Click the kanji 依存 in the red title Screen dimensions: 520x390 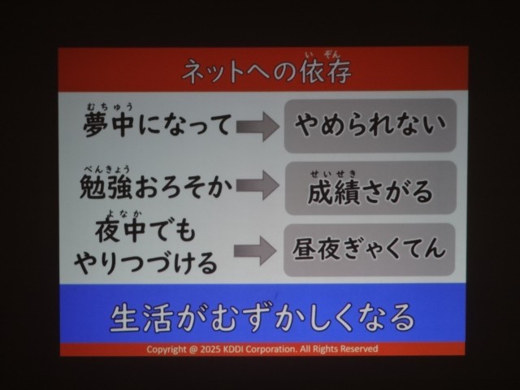(325, 71)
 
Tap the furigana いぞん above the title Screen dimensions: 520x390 (324, 55)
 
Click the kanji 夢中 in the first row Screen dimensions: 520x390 (109, 124)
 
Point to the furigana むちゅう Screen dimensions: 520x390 (110, 106)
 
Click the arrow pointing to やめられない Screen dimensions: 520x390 (258, 127)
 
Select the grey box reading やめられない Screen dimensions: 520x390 (370, 126)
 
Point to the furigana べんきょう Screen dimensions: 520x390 (106, 170)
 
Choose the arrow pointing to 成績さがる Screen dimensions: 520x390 (258, 185)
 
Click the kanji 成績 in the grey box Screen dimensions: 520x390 (334, 192)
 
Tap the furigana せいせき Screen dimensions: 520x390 (334, 174)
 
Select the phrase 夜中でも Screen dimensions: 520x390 (145, 231)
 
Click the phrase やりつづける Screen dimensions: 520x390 (145, 262)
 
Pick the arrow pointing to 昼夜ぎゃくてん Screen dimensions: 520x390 (255, 251)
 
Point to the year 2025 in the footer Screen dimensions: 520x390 (210, 349)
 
